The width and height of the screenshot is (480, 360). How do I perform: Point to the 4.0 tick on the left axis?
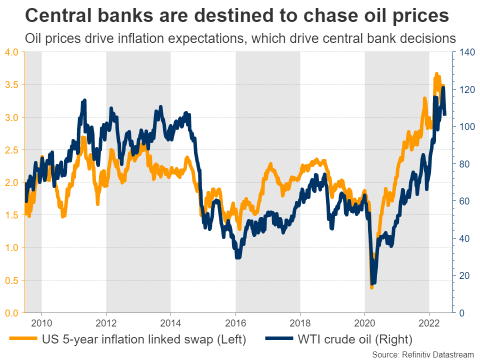[x=11, y=52]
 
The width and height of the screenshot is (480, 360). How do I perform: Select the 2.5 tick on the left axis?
[x=11, y=150]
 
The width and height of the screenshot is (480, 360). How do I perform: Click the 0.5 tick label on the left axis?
[x=11, y=280]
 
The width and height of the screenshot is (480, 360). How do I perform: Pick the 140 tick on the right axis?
[x=463, y=52]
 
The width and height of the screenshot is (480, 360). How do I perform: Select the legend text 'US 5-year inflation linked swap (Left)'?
[x=144, y=339]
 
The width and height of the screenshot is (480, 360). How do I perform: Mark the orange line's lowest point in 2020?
[x=371, y=287]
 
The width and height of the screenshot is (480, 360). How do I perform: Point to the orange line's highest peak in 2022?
[x=436, y=74]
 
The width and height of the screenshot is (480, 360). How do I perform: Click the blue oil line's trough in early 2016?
[x=238, y=256]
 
